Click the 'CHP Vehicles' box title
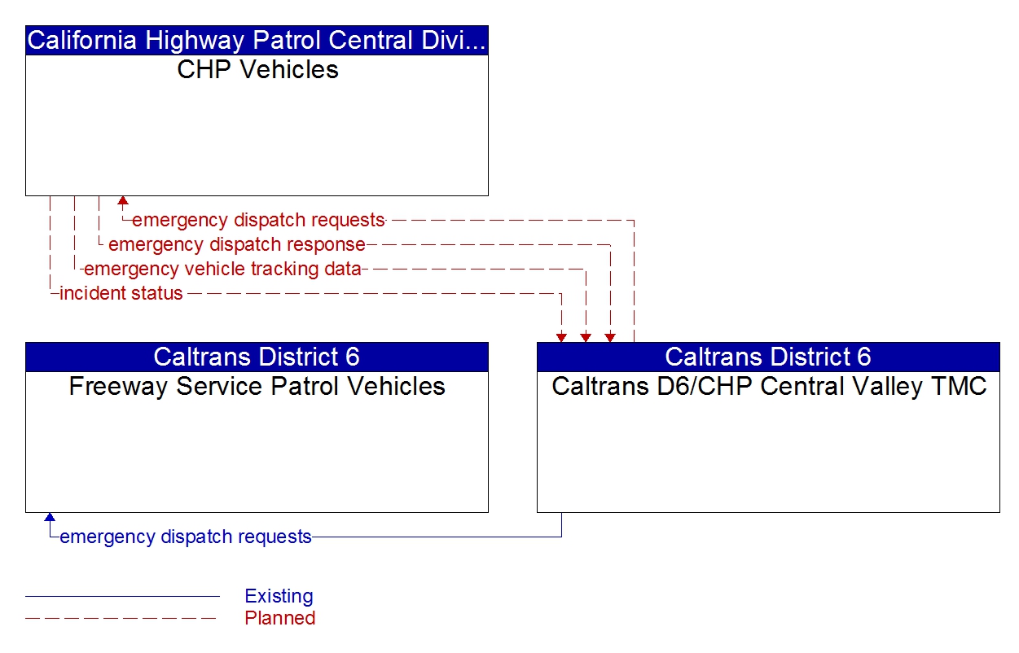point(257,70)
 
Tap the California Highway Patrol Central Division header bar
point(257,41)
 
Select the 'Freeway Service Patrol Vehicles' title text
point(257,386)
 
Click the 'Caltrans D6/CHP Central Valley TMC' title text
point(768,386)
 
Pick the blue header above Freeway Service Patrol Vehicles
point(257,357)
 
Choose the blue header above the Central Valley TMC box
point(768,357)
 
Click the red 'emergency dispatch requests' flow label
point(257,220)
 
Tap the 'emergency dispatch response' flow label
point(236,244)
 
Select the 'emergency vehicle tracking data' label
point(222,269)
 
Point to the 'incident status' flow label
point(121,293)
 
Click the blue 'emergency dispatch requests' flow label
point(186,537)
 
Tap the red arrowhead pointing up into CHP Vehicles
point(123,201)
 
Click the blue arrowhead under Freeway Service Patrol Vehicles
point(50,518)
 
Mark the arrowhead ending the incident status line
point(561,337)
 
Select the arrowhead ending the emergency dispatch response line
point(610,337)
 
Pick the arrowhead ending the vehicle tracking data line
point(586,337)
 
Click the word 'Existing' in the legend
point(279,596)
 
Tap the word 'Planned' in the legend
point(279,618)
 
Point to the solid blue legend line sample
point(122,596)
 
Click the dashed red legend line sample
point(122,618)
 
